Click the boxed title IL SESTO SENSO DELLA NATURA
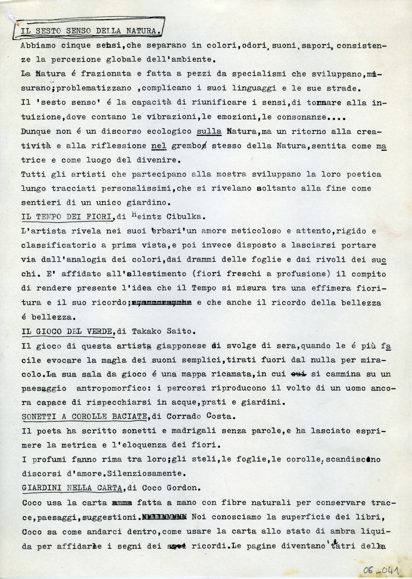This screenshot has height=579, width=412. [90, 31]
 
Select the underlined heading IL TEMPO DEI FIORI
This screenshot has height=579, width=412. [68, 217]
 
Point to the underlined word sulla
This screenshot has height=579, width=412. [209, 131]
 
